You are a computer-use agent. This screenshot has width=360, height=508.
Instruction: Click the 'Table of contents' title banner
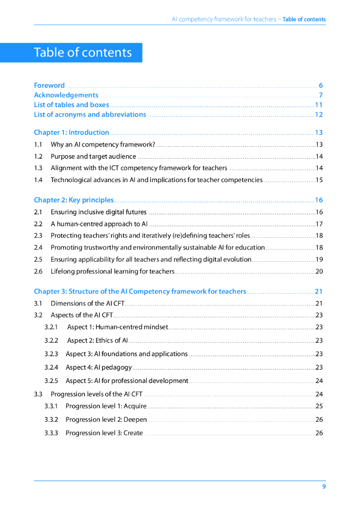click(x=83, y=53)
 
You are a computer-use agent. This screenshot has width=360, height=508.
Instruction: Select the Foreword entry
click(x=49, y=85)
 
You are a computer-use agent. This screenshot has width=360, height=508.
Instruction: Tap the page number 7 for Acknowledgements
click(x=321, y=95)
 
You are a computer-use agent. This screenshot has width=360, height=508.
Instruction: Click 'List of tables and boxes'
click(x=71, y=105)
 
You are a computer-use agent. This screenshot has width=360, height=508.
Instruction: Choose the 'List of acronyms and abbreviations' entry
click(x=90, y=115)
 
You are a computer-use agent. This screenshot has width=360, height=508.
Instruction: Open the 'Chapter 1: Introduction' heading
click(x=72, y=132)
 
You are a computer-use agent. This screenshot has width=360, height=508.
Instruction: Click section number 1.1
click(x=38, y=145)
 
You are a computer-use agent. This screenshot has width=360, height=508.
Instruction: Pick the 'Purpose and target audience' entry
click(x=93, y=156)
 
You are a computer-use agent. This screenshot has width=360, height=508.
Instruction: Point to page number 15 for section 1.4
click(x=319, y=180)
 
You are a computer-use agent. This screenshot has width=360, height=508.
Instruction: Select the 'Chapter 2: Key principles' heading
click(x=73, y=200)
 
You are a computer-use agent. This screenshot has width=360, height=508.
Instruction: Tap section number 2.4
click(x=38, y=248)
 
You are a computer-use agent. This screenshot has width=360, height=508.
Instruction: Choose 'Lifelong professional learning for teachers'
click(x=113, y=271)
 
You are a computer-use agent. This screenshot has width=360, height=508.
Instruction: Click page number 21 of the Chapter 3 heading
click(x=319, y=291)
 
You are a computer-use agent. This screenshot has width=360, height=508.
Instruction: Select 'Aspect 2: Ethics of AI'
click(x=98, y=340)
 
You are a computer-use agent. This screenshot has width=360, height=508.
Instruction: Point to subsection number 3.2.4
click(x=51, y=368)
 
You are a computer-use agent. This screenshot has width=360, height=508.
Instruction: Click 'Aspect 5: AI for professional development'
click(x=127, y=381)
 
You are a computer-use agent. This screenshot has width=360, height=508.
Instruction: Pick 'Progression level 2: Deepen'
click(x=106, y=420)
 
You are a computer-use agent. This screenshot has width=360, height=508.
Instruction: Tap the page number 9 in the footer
click(x=324, y=487)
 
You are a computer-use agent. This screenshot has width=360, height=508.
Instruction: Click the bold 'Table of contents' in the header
click(x=304, y=19)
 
